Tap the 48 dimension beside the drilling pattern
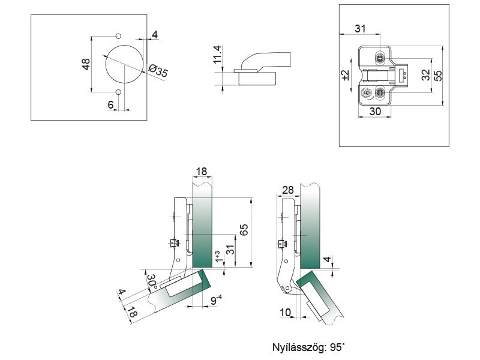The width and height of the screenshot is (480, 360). coord(86,64)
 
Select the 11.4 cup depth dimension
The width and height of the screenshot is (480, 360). coord(218,55)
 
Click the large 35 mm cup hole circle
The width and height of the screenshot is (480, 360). coord(124,64)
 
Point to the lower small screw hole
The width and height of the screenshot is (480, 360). coord(118,92)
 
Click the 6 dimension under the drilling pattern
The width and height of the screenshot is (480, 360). coord(111,104)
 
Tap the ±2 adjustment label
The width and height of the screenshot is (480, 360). coord(344,75)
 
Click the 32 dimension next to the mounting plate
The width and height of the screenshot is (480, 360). coord(425,75)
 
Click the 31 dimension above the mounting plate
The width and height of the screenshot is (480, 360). coord(360,29)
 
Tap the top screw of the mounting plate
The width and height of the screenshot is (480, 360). coord(379,58)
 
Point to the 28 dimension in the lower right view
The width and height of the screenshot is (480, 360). coord(287,190)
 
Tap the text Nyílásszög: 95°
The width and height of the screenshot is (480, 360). coord(308,347)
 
